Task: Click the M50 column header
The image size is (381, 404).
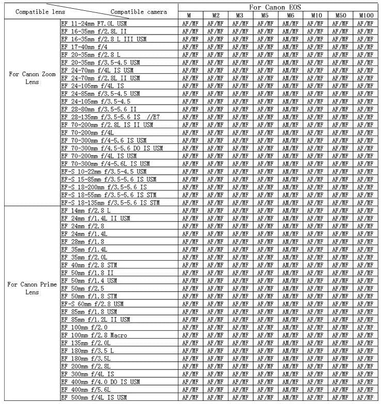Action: click(340, 15)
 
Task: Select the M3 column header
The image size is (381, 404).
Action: click(240, 15)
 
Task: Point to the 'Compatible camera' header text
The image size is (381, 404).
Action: click(139, 11)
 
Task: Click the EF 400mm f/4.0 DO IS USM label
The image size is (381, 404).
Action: click(100, 381)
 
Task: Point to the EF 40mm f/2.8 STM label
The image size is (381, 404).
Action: click(88, 265)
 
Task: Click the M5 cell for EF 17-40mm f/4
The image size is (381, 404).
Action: click(265, 47)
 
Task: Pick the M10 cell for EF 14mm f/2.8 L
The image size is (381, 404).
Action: click(315, 210)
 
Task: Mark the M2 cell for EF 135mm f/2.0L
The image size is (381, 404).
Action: click(215, 343)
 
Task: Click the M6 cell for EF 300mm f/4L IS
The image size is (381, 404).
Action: click(290, 374)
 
